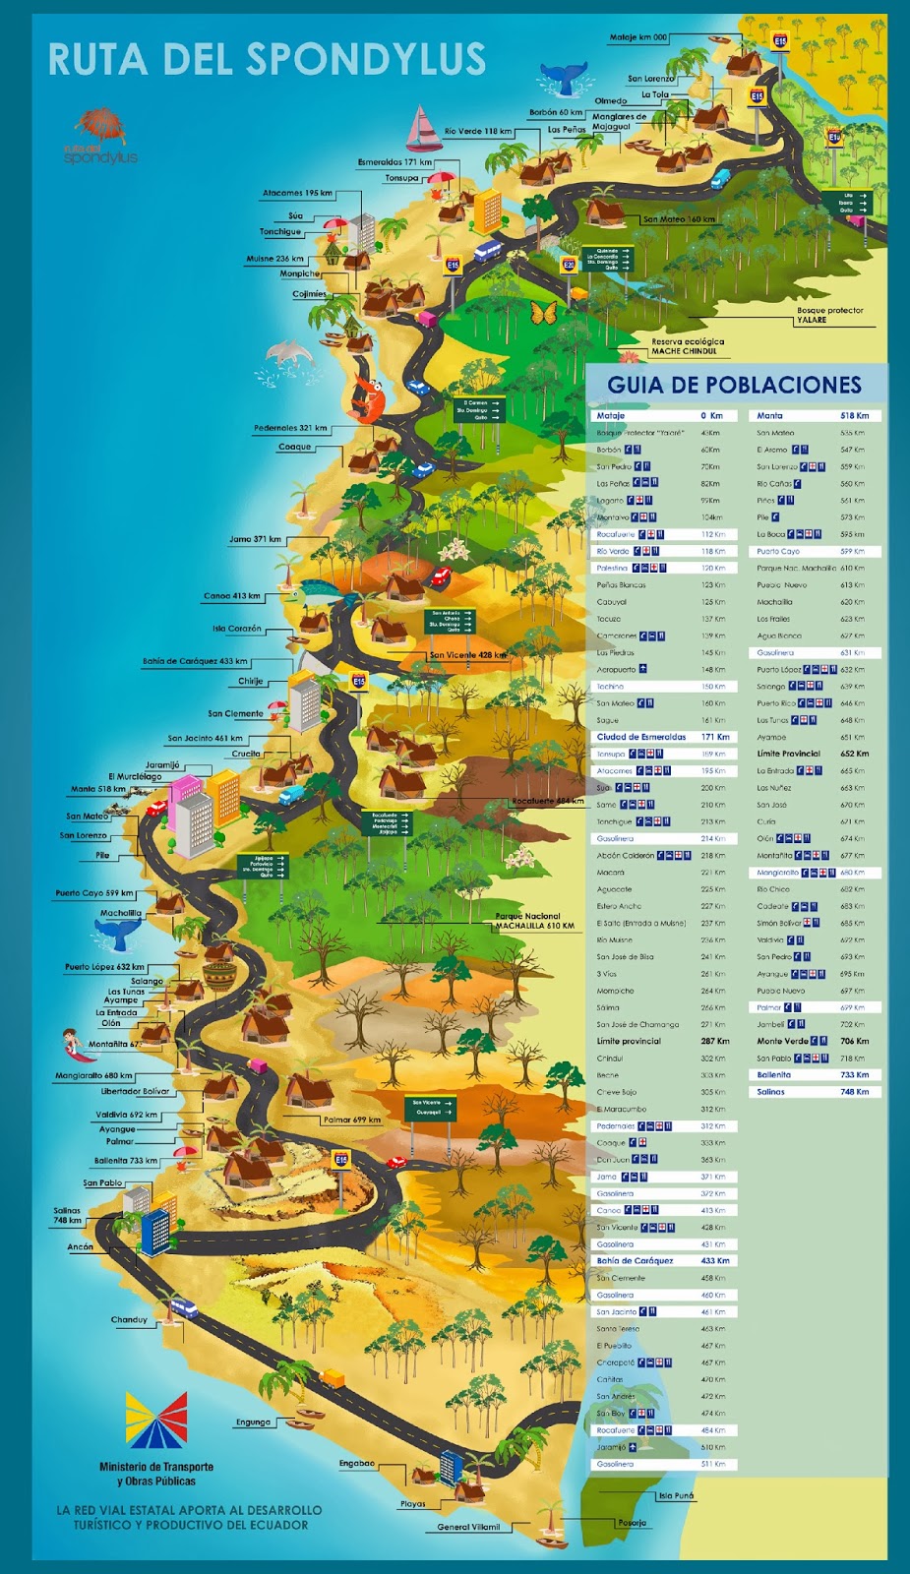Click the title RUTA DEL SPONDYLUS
[267, 59]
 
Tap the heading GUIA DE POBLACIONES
[734, 385]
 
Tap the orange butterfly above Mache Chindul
[543, 314]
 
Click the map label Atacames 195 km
[297, 193]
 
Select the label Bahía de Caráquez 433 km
[195, 661]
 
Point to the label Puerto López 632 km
[104, 967]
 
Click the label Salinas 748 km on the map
[67, 1216]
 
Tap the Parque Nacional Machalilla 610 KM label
[534, 921]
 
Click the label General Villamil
[468, 1527]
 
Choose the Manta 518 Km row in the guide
[813, 416]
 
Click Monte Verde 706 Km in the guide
[813, 1041]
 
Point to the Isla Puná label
[676, 1495]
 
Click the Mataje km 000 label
[637, 37]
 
